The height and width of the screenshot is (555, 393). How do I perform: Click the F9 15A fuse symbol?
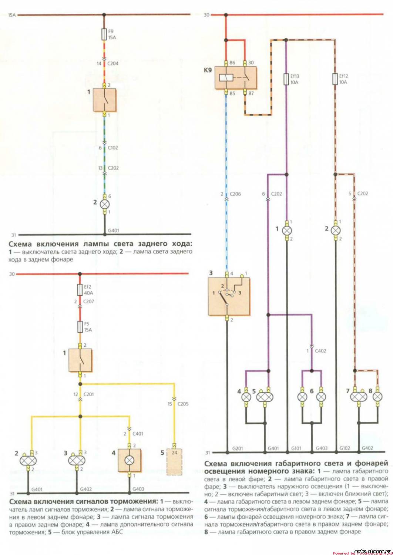tap(104, 35)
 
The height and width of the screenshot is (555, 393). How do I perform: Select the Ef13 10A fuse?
tap(286, 79)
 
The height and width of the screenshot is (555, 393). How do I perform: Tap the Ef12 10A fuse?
tap(335, 79)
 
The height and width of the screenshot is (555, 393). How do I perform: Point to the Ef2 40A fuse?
tap(80, 289)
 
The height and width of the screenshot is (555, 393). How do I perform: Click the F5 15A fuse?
tap(80, 327)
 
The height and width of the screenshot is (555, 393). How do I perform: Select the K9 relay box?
tap(235, 77)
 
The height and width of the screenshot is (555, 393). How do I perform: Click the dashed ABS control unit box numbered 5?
tap(174, 461)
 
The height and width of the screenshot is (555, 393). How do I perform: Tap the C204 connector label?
tap(113, 64)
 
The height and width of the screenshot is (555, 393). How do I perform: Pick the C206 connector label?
tap(235, 194)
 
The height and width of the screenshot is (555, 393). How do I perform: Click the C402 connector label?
tap(320, 351)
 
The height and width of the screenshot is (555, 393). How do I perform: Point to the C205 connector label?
tap(183, 404)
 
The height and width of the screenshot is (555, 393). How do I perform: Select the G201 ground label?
tap(238, 448)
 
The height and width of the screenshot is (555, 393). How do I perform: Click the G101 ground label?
tap(296, 448)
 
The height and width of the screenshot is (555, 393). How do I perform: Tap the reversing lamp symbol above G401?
tap(104, 204)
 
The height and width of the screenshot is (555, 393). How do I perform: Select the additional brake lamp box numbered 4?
tap(129, 460)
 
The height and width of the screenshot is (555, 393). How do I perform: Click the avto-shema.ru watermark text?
tap(372, 551)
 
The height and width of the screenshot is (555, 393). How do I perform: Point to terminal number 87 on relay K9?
tap(251, 94)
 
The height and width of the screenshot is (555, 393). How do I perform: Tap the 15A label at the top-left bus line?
tap(12, 16)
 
